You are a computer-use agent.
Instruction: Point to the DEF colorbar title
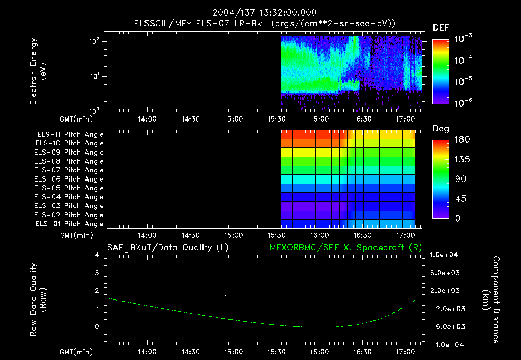[441, 27]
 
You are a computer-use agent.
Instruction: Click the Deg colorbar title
[441, 129]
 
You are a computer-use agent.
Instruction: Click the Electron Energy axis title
[38, 71]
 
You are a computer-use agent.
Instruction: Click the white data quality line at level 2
[170, 291]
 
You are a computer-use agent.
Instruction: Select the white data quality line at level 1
[268, 309]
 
